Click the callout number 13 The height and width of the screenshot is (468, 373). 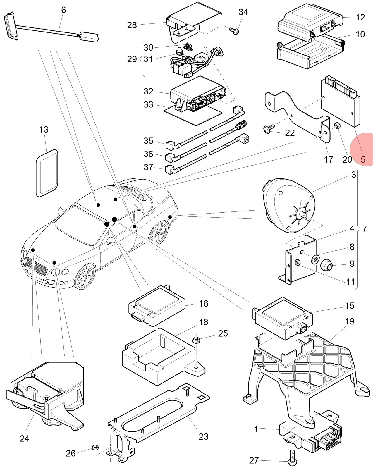point(44,130)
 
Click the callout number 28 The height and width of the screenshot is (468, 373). point(132,25)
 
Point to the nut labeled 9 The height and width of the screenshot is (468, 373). point(327,264)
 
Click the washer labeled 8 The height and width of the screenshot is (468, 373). point(315,259)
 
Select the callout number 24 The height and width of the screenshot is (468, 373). point(24,438)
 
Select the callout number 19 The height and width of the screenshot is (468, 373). point(350,321)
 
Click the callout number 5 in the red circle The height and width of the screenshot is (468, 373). point(363,159)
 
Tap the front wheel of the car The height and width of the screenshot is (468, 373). point(85,276)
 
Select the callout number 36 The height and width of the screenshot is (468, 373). point(148,154)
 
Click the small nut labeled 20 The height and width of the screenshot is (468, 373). point(337,125)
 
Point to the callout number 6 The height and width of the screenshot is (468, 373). point(63,10)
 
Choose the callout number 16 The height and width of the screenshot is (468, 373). point(204,304)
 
